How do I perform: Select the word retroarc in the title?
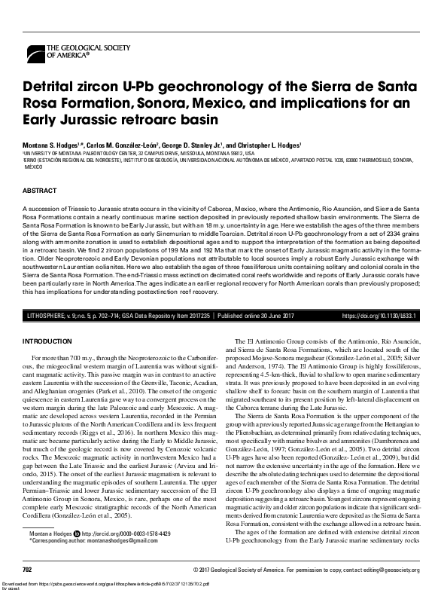point(138,120)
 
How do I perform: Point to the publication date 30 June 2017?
point(286,316)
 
